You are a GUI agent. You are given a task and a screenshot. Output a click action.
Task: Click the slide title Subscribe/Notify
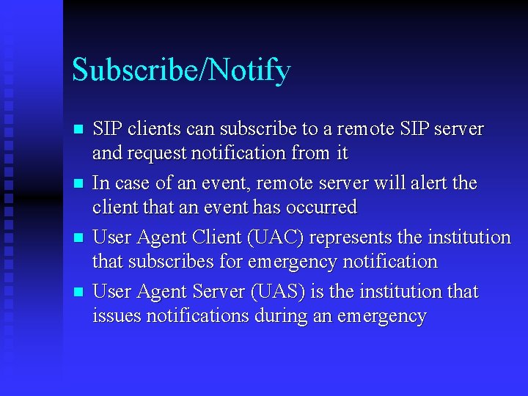181,71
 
